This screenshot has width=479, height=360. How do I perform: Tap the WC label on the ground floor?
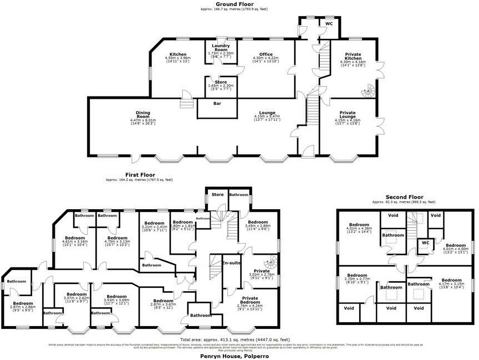[329, 24]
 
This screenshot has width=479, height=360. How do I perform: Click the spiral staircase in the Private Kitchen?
[368, 89]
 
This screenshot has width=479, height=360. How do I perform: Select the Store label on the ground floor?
[221, 82]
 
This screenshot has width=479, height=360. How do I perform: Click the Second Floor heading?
[404, 197]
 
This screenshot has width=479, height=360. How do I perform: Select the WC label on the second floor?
[426, 242]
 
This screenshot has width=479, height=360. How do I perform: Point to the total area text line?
[235, 339]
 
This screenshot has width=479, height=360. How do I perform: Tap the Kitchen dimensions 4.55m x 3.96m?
[179, 58]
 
